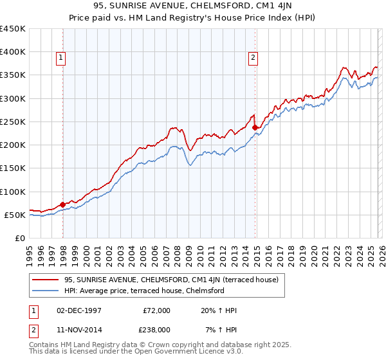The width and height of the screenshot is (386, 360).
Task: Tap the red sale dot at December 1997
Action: [62, 204]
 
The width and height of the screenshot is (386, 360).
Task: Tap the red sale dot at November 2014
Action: [255, 127]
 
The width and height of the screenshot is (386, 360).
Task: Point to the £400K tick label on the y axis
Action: [12, 52]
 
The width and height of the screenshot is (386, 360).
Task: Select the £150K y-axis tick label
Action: [12, 168]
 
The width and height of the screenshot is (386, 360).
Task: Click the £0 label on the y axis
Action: [20, 239]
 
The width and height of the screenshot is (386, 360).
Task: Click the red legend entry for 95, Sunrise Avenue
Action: [170, 280]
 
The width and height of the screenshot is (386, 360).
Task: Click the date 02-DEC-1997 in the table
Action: [78, 310]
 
